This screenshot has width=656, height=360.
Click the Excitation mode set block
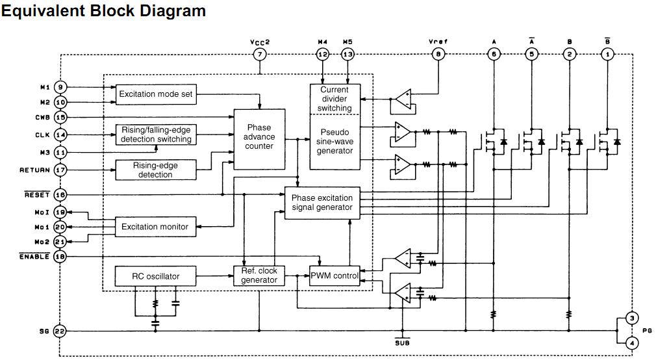point(156,94)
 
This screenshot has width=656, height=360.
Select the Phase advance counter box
point(259,138)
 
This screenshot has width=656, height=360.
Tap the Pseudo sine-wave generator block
point(334,141)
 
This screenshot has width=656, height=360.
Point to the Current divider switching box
point(334,99)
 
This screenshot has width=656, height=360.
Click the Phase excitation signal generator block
point(322,203)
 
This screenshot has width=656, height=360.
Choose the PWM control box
point(334,276)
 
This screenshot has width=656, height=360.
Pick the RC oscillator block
point(155,276)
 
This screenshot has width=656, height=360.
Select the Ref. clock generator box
point(259,276)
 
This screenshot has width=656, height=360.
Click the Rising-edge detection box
point(155,170)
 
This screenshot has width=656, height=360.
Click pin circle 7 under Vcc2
point(260,55)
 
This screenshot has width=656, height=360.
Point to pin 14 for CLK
point(60,135)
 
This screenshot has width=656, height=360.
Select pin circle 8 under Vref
point(439,55)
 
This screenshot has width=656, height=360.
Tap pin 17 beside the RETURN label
point(60,170)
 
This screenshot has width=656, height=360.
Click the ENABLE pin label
point(34,257)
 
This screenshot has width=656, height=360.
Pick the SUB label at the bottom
point(402,342)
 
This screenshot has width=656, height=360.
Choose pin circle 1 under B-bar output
point(608,55)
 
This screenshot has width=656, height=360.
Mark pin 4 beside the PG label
point(631,343)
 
